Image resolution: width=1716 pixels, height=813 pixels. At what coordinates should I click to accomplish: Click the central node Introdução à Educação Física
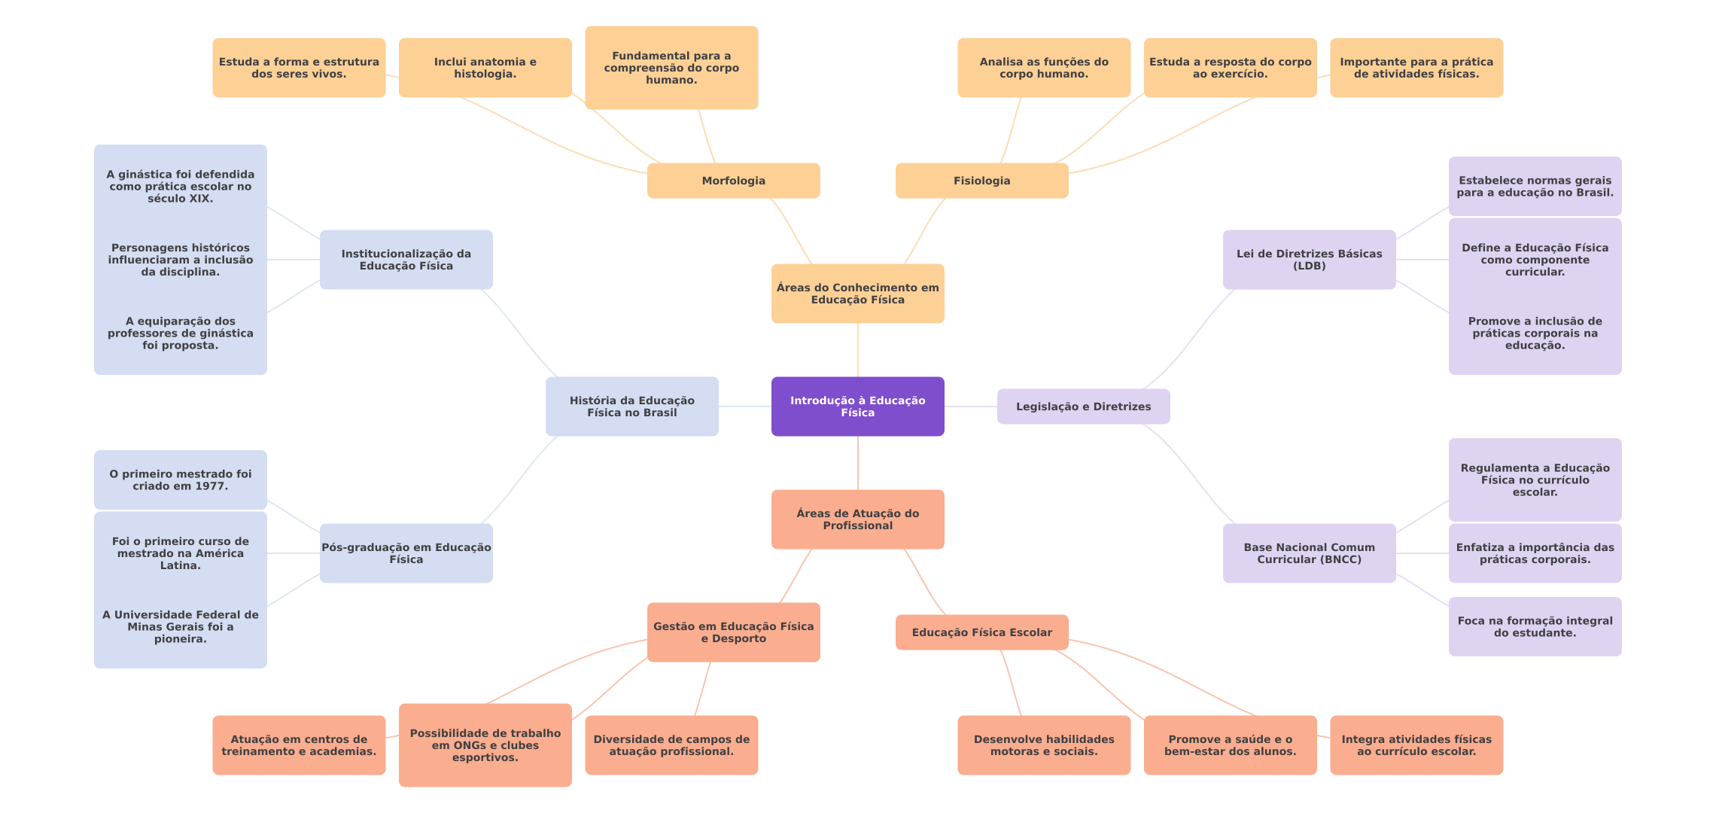(x=857, y=406)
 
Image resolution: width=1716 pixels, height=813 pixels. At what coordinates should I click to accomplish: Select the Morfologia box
(x=733, y=181)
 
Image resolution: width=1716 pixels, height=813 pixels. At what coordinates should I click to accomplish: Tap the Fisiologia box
(x=981, y=181)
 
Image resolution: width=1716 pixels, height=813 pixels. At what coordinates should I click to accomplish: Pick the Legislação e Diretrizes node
(x=1083, y=406)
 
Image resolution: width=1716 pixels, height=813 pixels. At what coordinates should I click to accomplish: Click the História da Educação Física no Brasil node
(x=631, y=406)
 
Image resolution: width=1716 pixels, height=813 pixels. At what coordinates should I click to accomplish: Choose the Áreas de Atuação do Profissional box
(x=857, y=519)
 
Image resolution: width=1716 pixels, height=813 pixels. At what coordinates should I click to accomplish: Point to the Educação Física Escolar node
(x=981, y=632)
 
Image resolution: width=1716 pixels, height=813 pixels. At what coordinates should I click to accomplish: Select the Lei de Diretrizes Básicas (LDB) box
(x=1309, y=260)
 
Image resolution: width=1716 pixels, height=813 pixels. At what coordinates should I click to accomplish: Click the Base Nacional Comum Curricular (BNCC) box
(x=1309, y=553)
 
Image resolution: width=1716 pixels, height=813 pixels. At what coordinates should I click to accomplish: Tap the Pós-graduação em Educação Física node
(x=406, y=553)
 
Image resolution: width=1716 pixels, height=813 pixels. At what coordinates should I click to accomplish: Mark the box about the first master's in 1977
(x=180, y=480)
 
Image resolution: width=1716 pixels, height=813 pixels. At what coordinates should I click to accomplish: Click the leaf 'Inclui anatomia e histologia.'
(x=485, y=68)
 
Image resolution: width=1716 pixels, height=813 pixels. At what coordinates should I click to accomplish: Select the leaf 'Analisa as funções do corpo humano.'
(x=1043, y=68)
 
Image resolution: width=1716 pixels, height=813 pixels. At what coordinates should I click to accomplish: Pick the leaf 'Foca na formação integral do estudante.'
(x=1535, y=626)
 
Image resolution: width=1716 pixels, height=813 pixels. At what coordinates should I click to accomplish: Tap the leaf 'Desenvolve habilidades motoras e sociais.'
(x=1043, y=745)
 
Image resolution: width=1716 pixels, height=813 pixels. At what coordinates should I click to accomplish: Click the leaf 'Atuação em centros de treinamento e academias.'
(x=299, y=745)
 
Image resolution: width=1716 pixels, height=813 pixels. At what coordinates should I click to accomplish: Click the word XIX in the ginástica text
(x=201, y=199)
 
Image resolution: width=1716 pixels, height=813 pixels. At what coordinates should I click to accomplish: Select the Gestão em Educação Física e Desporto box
(x=733, y=632)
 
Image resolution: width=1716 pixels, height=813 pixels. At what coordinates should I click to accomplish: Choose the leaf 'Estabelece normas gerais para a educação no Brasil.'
(x=1535, y=187)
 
